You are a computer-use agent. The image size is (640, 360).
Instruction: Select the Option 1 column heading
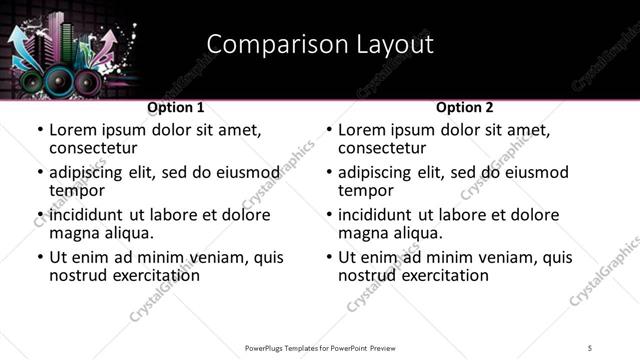[x=176, y=107]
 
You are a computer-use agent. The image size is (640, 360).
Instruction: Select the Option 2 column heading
[x=465, y=107]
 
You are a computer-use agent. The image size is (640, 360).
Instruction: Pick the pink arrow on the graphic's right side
[x=107, y=41]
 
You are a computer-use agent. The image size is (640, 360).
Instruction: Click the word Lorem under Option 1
[x=72, y=130]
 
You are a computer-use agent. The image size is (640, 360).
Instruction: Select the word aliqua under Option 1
[x=126, y=233]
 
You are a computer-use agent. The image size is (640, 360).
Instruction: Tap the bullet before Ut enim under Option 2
[x=329, y=257]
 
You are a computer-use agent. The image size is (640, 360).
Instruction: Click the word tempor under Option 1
[x=76, y=190]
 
